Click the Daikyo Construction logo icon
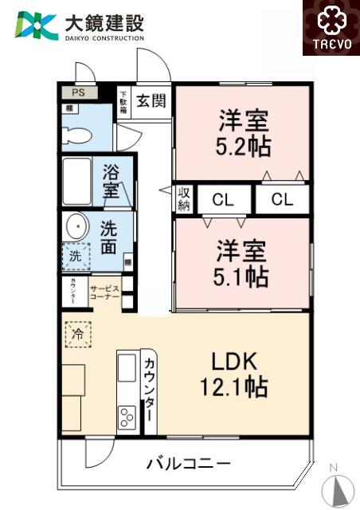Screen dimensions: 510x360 click(35, 26)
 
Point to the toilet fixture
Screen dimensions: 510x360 click(76, 133)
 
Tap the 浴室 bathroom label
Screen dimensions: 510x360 click(112, 182)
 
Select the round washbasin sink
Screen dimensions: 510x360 click(76, 226)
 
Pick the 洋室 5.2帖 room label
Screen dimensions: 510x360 click(245, 135)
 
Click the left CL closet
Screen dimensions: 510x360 click(223, 200)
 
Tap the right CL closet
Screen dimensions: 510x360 click(282, 200)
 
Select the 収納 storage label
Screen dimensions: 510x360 click(184, 199)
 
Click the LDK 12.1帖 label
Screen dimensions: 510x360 click(233, 375)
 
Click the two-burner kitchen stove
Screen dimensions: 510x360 click(127, 417)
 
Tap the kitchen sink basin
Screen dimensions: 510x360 click(127, 368)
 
